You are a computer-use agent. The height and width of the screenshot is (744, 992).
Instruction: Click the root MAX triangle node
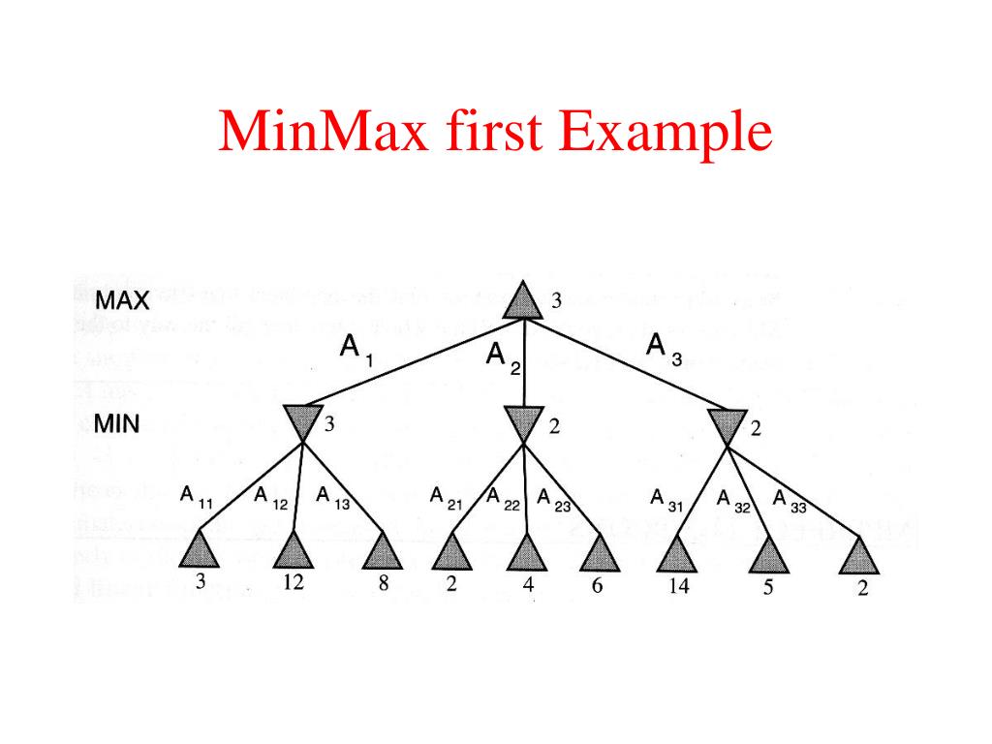point(523,302)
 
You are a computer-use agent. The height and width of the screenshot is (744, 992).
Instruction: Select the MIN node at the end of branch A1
point(302,422)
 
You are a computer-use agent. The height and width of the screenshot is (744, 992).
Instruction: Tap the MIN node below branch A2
point(523,423)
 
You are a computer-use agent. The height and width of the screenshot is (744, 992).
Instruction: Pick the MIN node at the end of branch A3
point(727,426)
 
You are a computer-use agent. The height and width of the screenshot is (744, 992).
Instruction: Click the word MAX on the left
point(122,300)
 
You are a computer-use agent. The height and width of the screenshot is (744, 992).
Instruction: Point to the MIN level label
point(117,423)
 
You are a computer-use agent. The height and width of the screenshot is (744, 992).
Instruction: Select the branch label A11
point(196,498)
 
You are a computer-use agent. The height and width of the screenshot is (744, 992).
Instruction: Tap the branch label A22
point(504,499)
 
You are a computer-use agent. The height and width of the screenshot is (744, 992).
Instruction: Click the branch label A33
point(790,500)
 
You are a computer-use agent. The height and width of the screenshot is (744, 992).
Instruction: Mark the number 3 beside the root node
point(557,300)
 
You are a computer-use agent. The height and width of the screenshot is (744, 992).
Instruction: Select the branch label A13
point(332,498)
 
